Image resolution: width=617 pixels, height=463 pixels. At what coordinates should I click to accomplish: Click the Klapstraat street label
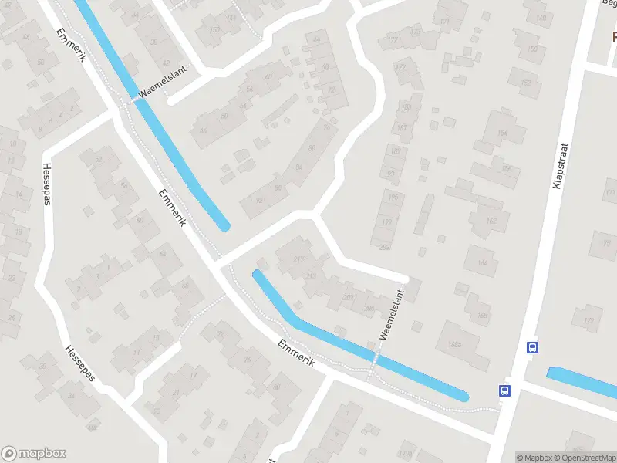(x=560, y=165)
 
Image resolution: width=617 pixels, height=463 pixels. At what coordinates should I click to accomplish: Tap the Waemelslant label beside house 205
(x=393, y=315)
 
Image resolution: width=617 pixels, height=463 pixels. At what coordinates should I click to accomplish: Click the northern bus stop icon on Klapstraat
(x=532, y=347)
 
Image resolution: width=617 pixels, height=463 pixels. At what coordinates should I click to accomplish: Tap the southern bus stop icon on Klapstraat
(x=505, y=390)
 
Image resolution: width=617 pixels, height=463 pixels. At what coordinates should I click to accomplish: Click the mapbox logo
(x=34, y=454)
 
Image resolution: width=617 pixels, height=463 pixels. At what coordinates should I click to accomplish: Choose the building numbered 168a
(x=453, y=346)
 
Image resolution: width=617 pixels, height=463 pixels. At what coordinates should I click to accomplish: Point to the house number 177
(x=393, y=40)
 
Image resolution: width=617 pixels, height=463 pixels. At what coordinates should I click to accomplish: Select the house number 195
(x=396, y=198)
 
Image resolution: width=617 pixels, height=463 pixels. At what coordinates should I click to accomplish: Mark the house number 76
(x=326, y=126)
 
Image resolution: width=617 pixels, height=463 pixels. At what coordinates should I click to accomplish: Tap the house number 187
(x=402, y=127)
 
